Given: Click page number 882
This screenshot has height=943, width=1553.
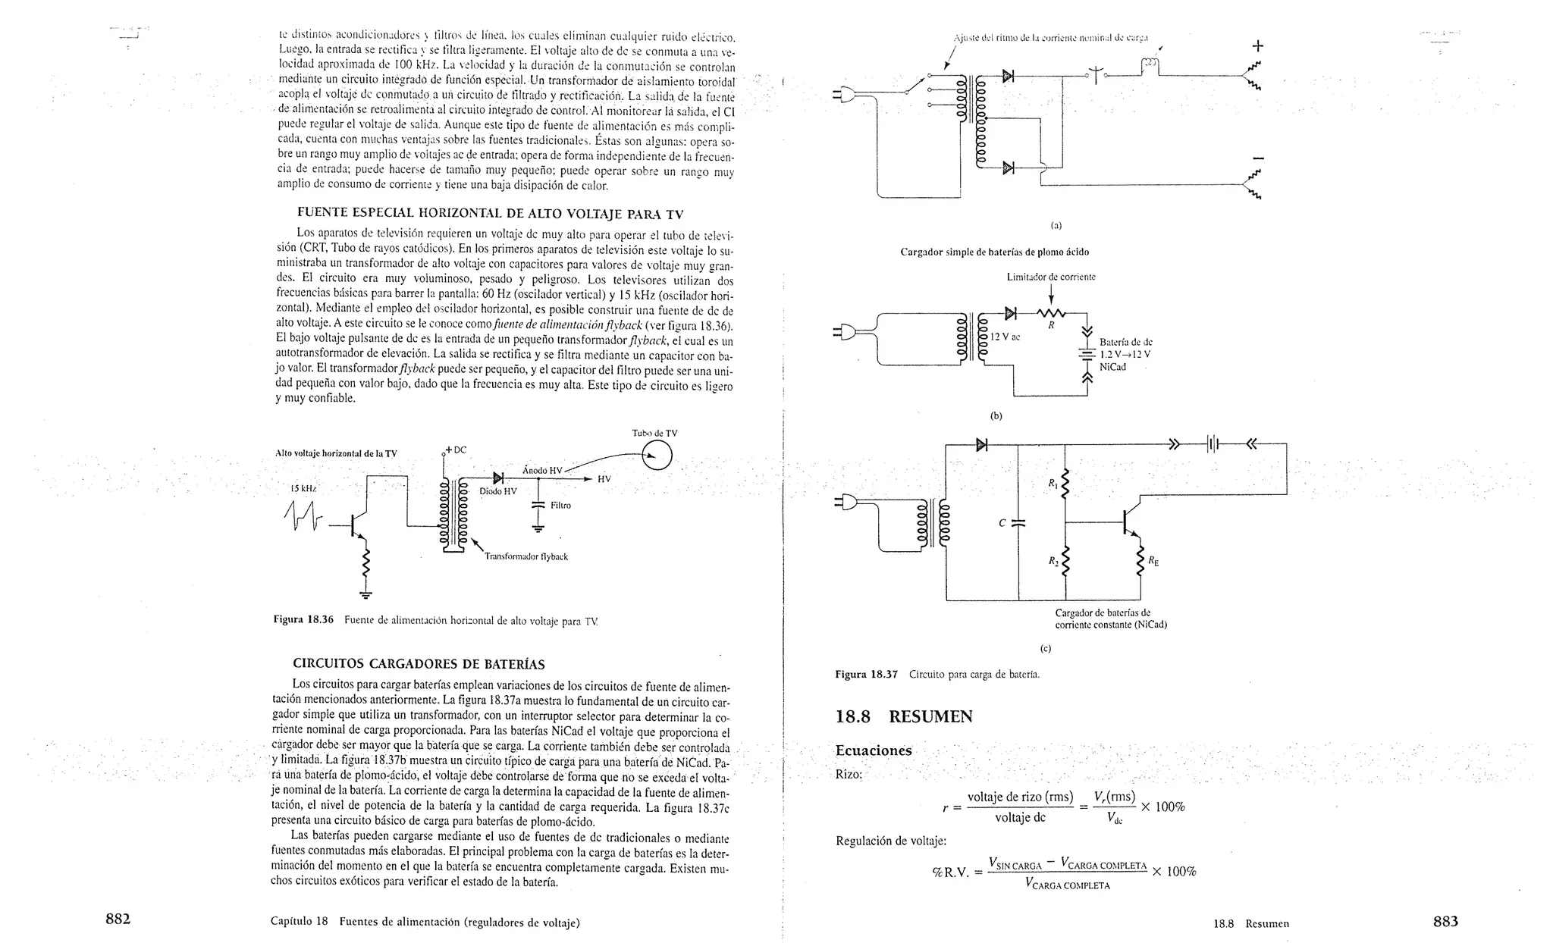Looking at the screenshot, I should click(118, 920).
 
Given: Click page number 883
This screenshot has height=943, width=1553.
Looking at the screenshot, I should click(1445, 921).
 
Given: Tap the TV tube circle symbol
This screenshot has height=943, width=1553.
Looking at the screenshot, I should click(656, 456).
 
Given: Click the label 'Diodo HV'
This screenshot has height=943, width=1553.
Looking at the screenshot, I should click(498, 491).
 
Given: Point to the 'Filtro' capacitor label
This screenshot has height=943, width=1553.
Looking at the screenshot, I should click(560, 505).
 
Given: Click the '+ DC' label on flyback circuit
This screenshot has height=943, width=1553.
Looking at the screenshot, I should click(456, 450).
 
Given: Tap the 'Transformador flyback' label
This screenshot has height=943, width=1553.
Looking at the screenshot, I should click(526, 556).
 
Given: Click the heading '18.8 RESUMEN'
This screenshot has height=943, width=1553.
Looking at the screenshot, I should click(903, 716).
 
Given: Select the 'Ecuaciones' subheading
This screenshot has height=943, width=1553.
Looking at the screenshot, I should click(873, 750).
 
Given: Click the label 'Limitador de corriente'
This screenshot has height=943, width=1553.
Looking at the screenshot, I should click(1050, 277).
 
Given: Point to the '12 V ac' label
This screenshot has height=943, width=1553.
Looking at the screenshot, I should click(1005, 337).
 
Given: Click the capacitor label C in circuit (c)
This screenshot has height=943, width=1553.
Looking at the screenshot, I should click(1002, 523).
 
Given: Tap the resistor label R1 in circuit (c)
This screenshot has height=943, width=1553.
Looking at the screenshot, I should click(1053, 483).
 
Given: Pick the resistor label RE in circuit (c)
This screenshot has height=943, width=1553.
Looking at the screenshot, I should click(1153, 562).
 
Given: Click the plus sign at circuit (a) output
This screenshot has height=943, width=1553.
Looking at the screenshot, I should click(1258, 45).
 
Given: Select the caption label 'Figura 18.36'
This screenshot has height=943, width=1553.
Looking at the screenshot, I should click(303, 619).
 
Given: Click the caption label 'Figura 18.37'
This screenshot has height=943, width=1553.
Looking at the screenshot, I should click(866, 674).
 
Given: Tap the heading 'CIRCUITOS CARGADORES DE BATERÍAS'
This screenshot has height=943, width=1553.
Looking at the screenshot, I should click(419, 665).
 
